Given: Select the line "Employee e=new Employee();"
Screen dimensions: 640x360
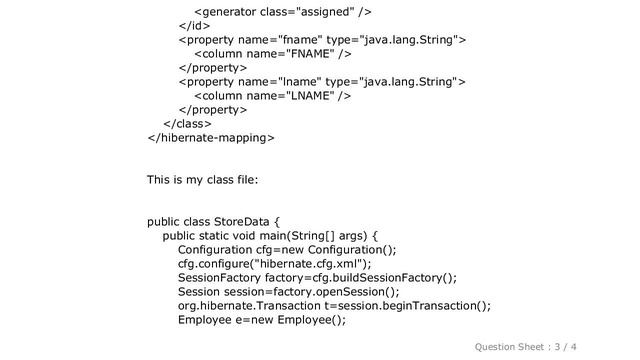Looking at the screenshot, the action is tap(262, 320).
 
